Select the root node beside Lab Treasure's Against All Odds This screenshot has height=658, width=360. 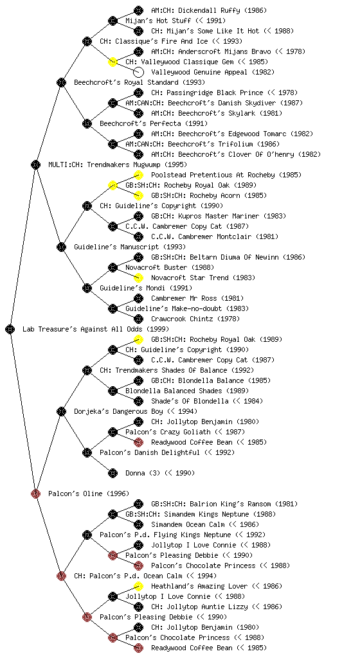click(10, 329)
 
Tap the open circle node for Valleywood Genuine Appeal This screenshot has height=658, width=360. click(138, 72)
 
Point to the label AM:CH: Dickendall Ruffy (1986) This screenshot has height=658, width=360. click(209, 10)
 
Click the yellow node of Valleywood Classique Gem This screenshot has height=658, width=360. click(113, 62)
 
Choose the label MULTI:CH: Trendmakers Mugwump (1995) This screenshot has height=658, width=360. click(118, 165)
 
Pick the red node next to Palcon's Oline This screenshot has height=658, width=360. click(35, 493)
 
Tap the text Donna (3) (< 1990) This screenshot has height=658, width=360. click(160, 474)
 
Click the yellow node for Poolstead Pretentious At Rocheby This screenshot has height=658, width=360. click(138, 175)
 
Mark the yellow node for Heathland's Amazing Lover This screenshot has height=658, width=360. click(138, 586)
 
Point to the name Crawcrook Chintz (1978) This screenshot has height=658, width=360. click(195, 319)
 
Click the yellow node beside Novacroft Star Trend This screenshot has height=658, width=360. click(138, 278)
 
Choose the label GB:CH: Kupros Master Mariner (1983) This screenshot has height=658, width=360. click(219, 216)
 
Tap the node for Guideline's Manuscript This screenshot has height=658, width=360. click(61, 247)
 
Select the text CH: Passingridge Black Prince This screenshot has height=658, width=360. click(207, 93)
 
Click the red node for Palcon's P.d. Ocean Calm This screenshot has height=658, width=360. click(61, 576)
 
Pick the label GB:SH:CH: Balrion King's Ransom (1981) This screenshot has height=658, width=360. click(224, 504)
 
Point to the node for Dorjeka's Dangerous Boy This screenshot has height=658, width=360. click(61, 411)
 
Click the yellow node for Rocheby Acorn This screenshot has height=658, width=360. click(138, 195)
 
